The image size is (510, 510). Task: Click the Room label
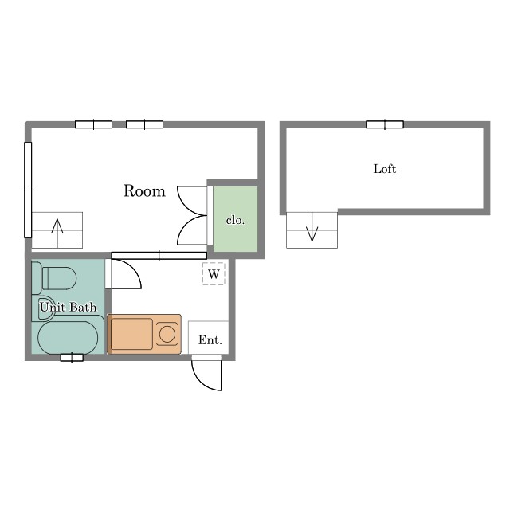(144, 191)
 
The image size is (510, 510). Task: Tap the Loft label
(385, 169)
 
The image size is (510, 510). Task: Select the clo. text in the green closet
(235, 220)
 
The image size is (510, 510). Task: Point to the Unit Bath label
(68, 307)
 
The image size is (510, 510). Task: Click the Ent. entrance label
(210, 340)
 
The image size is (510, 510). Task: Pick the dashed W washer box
(214, 274)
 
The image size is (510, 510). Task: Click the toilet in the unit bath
(54, 278)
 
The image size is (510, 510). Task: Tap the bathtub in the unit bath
(68, 338)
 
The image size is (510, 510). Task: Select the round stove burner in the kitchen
(167, 334)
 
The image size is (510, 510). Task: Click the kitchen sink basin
(131, 334)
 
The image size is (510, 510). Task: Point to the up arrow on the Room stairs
(57, 233)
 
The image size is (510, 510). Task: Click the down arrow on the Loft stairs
(312, 226)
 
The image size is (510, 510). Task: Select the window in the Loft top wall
(385, 124)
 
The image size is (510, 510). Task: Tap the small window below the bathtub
(72, 358)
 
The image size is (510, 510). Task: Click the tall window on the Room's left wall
(28, 190)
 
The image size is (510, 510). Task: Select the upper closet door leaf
(192, 201)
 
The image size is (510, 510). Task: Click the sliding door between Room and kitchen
(159, 256)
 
